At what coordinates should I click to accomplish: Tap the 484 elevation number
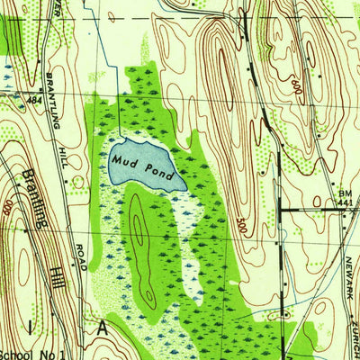tap(36, 99)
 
